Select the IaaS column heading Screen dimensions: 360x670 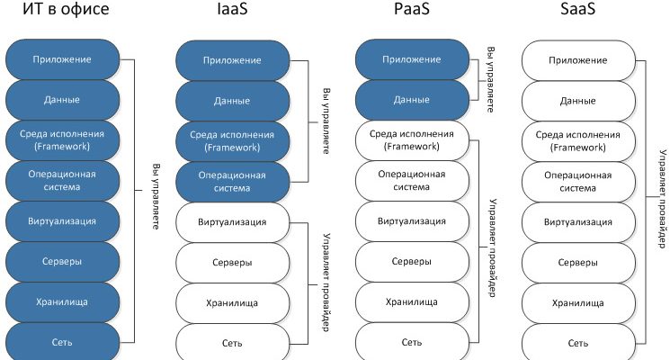231,11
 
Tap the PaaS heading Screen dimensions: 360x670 412,11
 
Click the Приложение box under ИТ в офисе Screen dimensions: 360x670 63,59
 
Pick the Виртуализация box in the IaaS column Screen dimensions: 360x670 232,221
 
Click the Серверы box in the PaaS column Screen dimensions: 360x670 412,262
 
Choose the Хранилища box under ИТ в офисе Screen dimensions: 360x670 63,302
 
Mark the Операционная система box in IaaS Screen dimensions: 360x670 232,181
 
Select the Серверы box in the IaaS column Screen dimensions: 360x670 232,262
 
